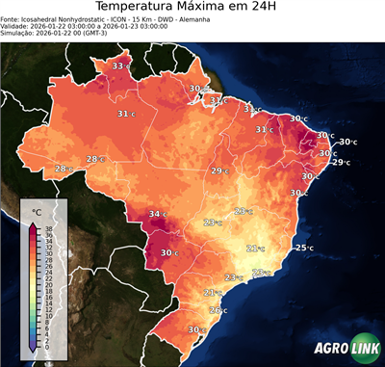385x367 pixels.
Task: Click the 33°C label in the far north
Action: (121, 66)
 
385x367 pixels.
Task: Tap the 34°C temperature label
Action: (157, 214)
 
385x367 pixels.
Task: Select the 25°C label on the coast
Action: (304, 248)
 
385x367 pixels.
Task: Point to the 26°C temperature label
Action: (219, 310)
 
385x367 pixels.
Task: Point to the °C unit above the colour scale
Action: (37, 211)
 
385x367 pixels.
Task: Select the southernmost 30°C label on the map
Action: (197, 330)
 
